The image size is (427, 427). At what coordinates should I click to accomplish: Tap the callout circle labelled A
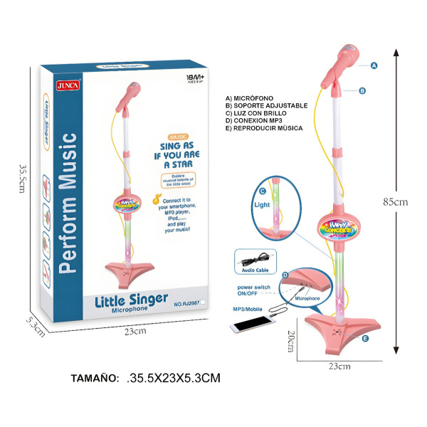point(373,65)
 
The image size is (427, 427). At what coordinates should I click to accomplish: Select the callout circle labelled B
point(362,90)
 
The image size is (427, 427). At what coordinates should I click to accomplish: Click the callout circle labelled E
point(365,339)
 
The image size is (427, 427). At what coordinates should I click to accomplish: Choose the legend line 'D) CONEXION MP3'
point(260,121)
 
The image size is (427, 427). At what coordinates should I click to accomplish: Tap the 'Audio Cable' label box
point(253,270)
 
